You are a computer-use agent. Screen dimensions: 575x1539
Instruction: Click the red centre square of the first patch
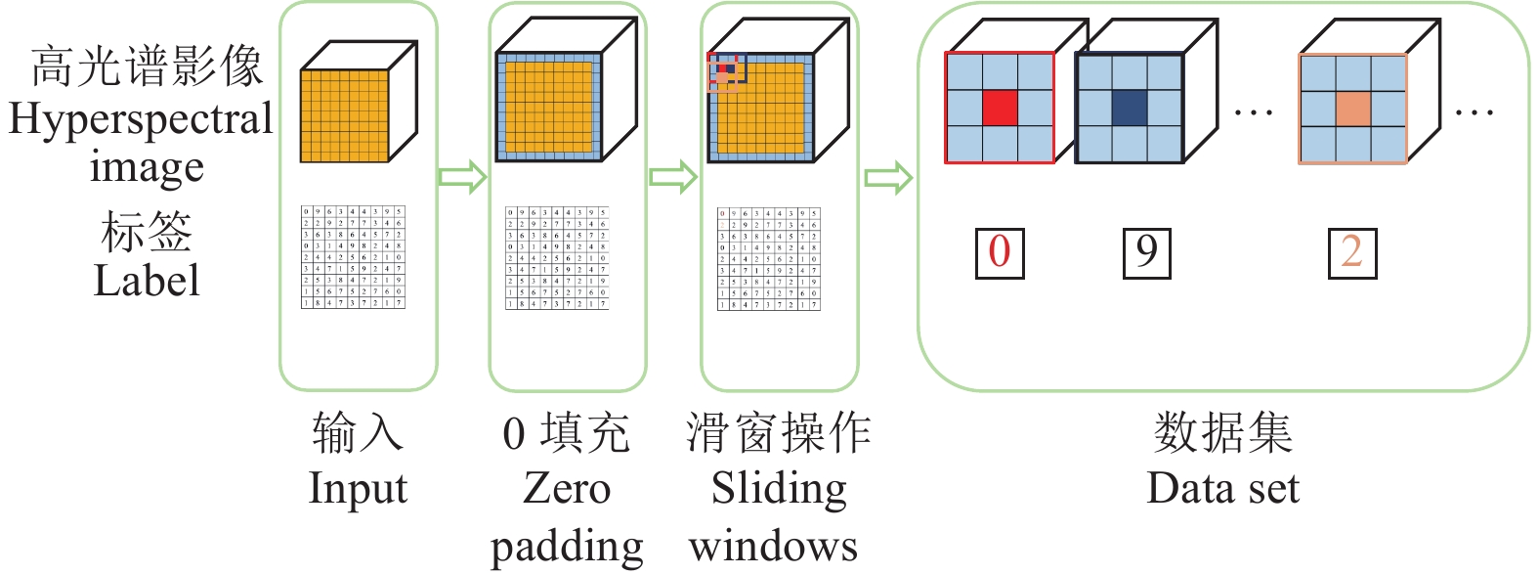(1000, 108)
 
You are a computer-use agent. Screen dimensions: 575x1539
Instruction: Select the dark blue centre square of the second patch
(1129, 108)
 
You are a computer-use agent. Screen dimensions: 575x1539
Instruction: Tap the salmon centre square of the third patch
(1353, 109)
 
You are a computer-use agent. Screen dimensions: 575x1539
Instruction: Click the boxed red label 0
(1000, 252)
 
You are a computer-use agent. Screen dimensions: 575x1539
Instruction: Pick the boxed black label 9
(1146, 252)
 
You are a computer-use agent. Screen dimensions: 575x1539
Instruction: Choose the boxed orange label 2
(1352, 252)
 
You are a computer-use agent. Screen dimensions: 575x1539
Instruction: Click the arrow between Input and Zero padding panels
(462, 177)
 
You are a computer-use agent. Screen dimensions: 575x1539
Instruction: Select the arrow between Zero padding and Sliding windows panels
(673, 177)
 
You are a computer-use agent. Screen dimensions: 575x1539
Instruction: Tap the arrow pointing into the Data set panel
(888, 178)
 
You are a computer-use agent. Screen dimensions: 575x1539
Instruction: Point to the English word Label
(147, 281)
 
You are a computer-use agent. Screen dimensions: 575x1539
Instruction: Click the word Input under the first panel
(358, 489)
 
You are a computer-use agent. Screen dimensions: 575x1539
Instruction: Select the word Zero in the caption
(567, 488)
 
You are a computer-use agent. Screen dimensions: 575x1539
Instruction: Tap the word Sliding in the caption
(779, 489)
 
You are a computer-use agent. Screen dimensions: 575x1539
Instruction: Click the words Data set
(1222, 488)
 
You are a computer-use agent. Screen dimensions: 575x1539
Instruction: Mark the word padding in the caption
(567, 546)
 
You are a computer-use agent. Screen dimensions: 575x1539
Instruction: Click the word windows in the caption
(773, 546)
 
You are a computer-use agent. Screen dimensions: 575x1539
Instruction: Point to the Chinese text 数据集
(1222, 432)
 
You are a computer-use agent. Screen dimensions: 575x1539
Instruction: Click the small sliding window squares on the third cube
(725, 70)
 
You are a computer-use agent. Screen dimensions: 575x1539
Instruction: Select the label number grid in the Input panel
(353, 257)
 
